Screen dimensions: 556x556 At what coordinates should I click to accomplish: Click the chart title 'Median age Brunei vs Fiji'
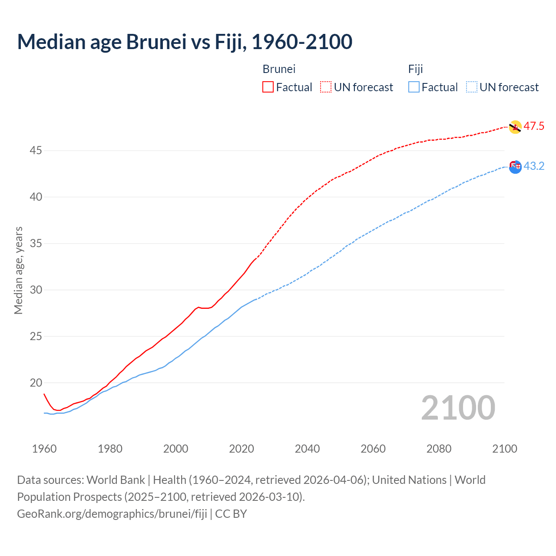coord(185,42)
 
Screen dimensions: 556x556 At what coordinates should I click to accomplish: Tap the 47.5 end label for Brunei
coord(534,126)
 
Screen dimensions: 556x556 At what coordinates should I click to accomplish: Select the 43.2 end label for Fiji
coord(534,166)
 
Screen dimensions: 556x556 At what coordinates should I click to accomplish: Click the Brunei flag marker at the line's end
coord(515,127)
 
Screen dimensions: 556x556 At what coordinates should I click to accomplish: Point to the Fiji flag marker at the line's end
coord(515,167)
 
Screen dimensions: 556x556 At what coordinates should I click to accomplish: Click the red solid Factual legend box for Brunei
coord(268,87)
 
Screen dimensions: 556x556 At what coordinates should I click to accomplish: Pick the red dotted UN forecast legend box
coord(326,87)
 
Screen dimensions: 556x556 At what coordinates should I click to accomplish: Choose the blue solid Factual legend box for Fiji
coord(414,87)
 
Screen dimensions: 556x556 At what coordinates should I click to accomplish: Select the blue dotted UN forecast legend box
coord(472,87)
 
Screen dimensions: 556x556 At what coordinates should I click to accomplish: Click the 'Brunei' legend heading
coord(279,69)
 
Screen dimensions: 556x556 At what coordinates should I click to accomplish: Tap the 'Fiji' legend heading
coord(415,69)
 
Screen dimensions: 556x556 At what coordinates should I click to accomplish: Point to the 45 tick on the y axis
coord(36,151)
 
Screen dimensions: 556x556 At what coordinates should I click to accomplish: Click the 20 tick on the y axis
coord(36,383)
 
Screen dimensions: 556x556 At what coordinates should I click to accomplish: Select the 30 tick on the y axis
coord(36,290)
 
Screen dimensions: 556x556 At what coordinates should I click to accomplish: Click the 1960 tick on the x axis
coord(44,449)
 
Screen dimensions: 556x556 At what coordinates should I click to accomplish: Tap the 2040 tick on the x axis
coord(307,449)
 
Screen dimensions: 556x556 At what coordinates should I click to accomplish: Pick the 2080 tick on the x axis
coord(439,449)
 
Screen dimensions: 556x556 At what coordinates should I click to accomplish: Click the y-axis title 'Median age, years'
coord(18,270)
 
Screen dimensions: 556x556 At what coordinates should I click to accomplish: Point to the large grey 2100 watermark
coord(458,407)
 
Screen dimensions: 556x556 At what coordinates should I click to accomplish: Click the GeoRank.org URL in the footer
coord(112,514)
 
